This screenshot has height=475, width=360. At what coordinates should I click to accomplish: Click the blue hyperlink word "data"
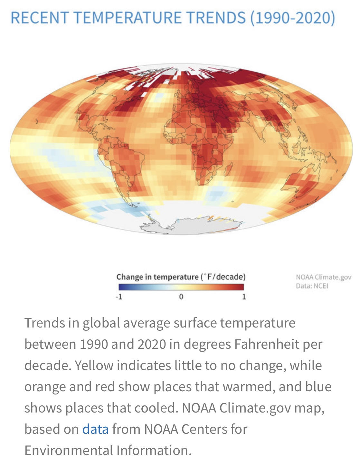click(x=95, y=429)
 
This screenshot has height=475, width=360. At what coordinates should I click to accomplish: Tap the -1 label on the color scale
click(x=119, y=297)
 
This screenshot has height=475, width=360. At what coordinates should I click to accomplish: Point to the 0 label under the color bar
click(x=181, y=297)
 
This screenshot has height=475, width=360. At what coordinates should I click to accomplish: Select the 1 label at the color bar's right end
click(x=244, y=297)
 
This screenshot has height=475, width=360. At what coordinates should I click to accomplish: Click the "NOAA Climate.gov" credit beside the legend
click(x=323, y=277)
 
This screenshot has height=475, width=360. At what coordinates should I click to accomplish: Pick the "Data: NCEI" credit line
click(x=312, y=286)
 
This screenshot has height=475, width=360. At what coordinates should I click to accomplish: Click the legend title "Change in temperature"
click(x=157, y=277)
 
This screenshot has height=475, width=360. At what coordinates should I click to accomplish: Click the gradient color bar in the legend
click(x=181, y=287)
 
